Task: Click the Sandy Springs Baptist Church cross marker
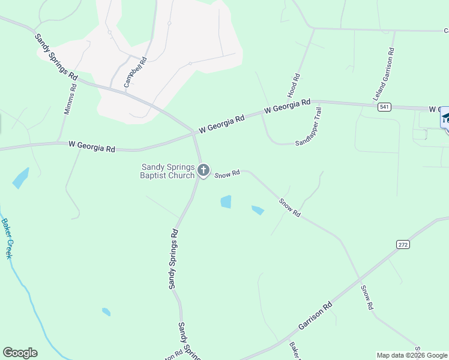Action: pyautogui.click(x=203, y=170)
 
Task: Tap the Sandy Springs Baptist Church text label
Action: pyautogui.click(x=167, y=171)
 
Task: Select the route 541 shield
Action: pyautogui.click(x=385, y=107)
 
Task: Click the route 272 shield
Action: pyautogui.click(x=402, y=244)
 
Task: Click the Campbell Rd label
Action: pyautogui.click(x=136, y=73)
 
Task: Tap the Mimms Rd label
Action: pyautogui.click(x=70, y=98)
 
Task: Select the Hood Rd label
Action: pyautogui.click(x=294, y=86)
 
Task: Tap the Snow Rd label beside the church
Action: pyautogui.click(x=228, y=173)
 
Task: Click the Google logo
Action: pyautogui.click(x=20, y=353)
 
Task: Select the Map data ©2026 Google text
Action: pyautogui.click(x=412, y=355)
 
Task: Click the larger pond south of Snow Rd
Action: pyautogui.click(x=226, y=202)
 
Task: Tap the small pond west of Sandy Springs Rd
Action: pyautogui.click(x=106, y=312)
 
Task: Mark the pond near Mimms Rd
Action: pyautogui.click(x=20, y=178)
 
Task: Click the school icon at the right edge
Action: pyautogui.click(x=445, y=118)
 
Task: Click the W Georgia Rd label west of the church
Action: pyautogui.click(x=92, y=146)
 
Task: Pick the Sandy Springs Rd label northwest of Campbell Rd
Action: pyautogui.click(x=56, y=58)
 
